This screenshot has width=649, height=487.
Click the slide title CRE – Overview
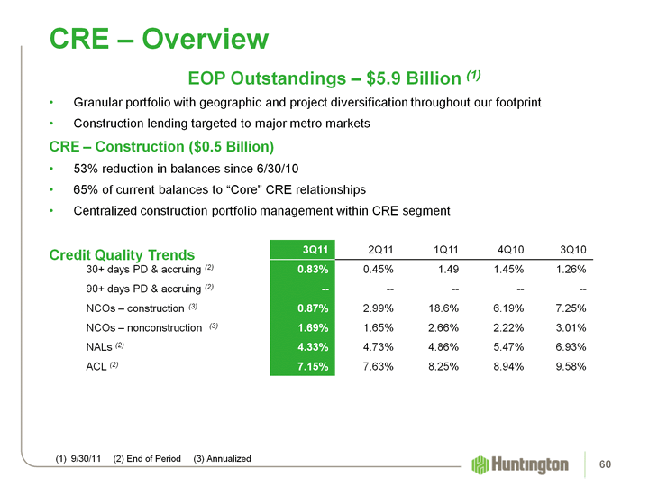(x=159, y=39)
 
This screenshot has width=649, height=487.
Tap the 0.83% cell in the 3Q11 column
(x=311, y=269)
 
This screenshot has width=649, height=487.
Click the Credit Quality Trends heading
(x=123, y=255)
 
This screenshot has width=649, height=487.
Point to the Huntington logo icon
(x=480, y=464)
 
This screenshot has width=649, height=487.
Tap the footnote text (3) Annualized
(x=222, y=460)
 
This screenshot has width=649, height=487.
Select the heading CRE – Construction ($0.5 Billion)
(x=161, y=146)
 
